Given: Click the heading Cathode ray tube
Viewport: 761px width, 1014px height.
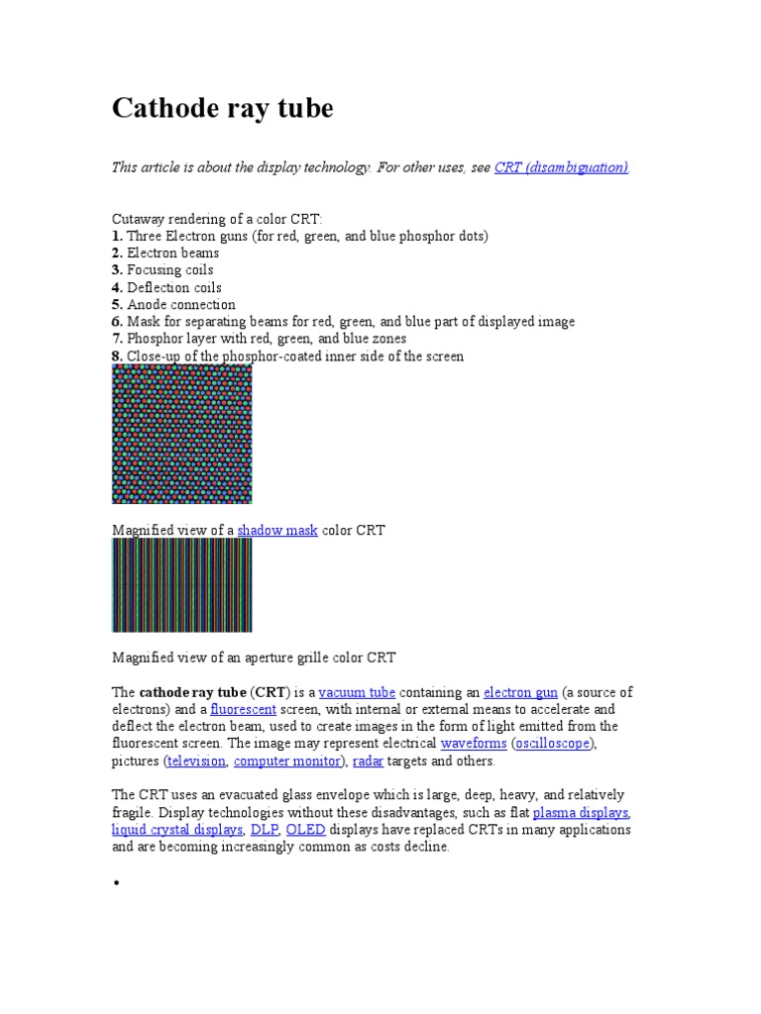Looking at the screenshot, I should click(223, 108).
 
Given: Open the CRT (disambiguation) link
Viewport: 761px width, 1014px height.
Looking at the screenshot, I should click(561, 168).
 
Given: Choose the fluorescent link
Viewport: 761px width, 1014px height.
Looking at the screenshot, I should click(243, 710).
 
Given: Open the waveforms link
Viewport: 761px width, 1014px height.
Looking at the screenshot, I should click(474, 743).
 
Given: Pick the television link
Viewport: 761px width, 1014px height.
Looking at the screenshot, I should click(196, 760).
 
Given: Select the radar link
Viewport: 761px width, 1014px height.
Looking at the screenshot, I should click(368, 760).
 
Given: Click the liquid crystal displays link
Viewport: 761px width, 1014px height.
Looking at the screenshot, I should click(177, 830).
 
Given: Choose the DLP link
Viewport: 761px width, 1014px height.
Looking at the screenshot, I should click(264, 830).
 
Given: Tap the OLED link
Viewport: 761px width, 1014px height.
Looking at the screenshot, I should click(305, 830).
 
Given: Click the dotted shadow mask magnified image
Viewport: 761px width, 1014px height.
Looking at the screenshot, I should click(182, 434).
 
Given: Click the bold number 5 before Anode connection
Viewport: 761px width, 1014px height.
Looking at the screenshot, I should click(117, 304).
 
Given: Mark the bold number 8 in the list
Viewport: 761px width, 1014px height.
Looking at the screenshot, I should click(117, 355).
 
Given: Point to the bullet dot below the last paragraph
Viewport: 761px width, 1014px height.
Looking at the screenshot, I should click(116, 882).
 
